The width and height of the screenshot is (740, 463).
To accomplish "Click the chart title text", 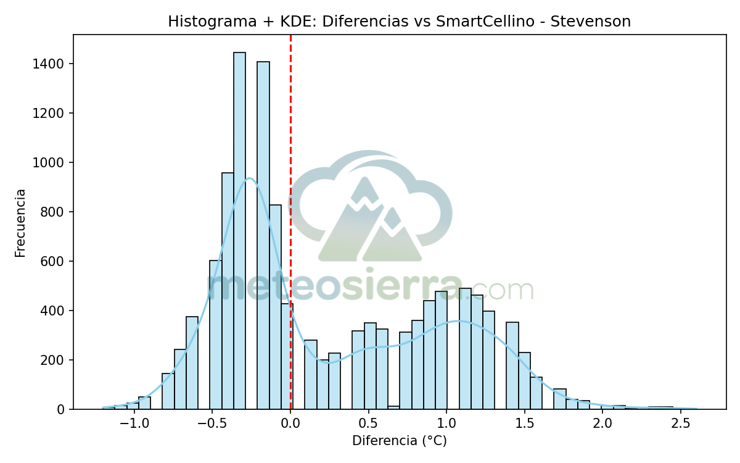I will [399, 22].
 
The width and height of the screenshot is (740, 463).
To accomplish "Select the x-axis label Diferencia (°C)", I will [399, 441].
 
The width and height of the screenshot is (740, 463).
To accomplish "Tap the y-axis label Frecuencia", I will [20, 223].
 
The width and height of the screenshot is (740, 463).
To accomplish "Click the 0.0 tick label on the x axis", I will [290, 424].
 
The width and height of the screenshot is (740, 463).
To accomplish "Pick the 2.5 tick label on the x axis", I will [680, 424].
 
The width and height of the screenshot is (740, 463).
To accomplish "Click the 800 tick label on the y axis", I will [55, 212].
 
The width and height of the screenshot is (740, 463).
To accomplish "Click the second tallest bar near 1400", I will [263, 235].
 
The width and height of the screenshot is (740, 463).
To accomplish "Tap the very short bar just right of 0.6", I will [393, 407].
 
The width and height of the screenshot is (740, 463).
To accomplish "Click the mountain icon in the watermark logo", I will [370, 222].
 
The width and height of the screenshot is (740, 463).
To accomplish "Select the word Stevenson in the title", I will [590, 22].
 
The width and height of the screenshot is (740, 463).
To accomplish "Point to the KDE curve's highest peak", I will [249, 178].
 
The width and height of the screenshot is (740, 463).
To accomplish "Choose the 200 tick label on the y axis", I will [55, 360].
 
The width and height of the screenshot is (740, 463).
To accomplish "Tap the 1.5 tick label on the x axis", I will [524, 424].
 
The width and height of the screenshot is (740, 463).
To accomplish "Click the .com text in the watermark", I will [499, 289].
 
